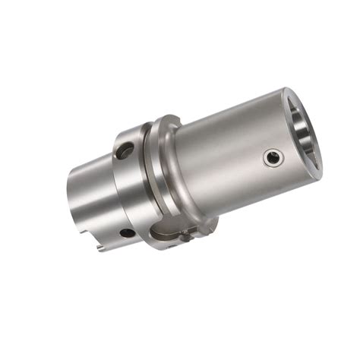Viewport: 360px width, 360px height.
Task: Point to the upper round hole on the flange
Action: (124, 152)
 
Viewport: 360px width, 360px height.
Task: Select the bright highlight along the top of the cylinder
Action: (228, 114)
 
